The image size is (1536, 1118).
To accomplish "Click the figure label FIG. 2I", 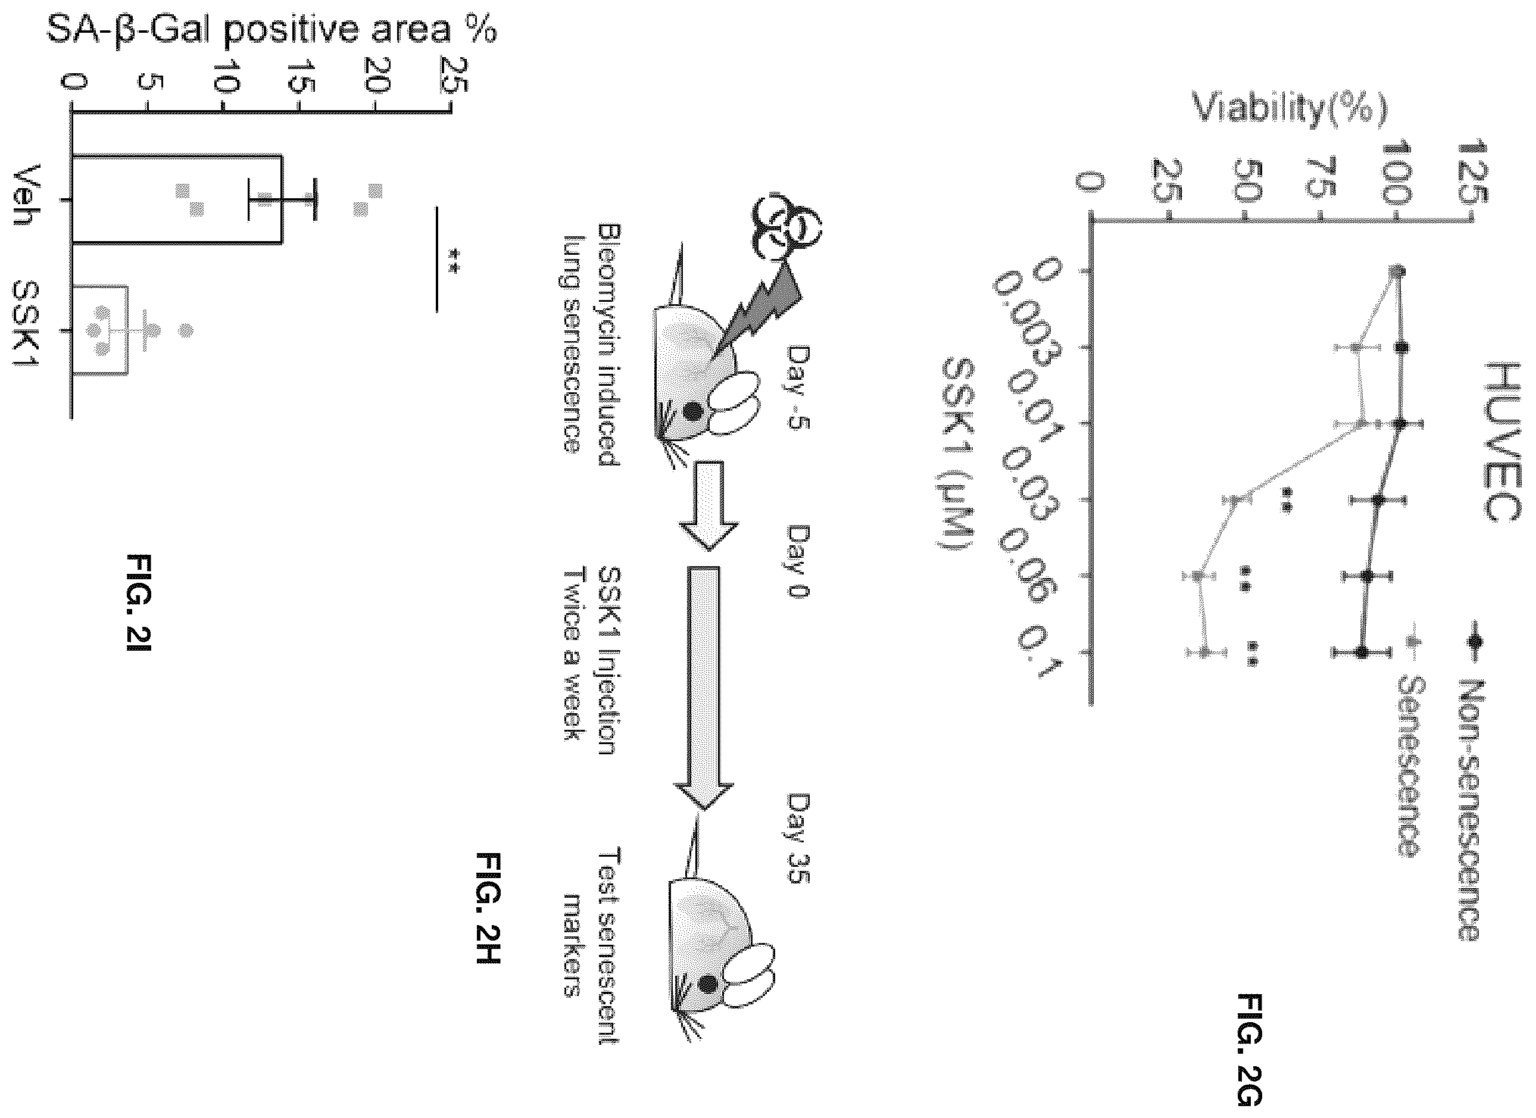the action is point(139,602).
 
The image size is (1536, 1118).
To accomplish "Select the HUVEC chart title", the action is point(1501,444).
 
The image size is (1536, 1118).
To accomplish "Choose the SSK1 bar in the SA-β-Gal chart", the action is point(99,330).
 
